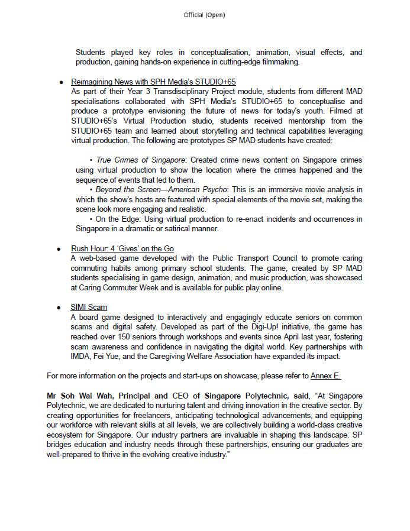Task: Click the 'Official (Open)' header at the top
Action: (x=204, y=15)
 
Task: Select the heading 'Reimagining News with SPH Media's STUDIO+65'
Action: (x=153, y=82)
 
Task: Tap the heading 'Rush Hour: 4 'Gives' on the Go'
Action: (x=122, y=248)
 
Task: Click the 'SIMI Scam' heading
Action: (x=89, y=307)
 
